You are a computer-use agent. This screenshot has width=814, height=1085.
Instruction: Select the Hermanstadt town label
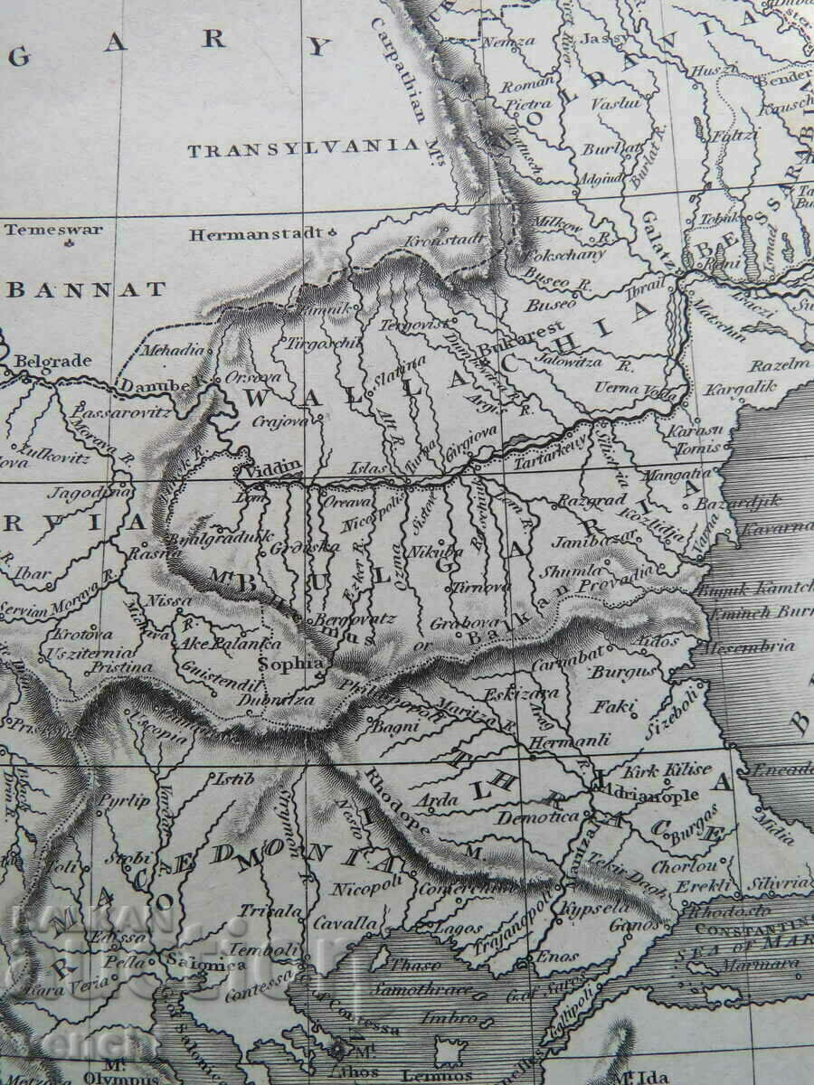pyautogui.click(x=254, y=235)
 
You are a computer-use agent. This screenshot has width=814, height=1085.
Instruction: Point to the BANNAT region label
pyautogui.click(x=88, y=289)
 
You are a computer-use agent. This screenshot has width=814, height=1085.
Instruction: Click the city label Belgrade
pyautogui.click(x=53, y=361)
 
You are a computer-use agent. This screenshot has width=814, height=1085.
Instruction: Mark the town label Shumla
pyautogui.click(x=572, y=571)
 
